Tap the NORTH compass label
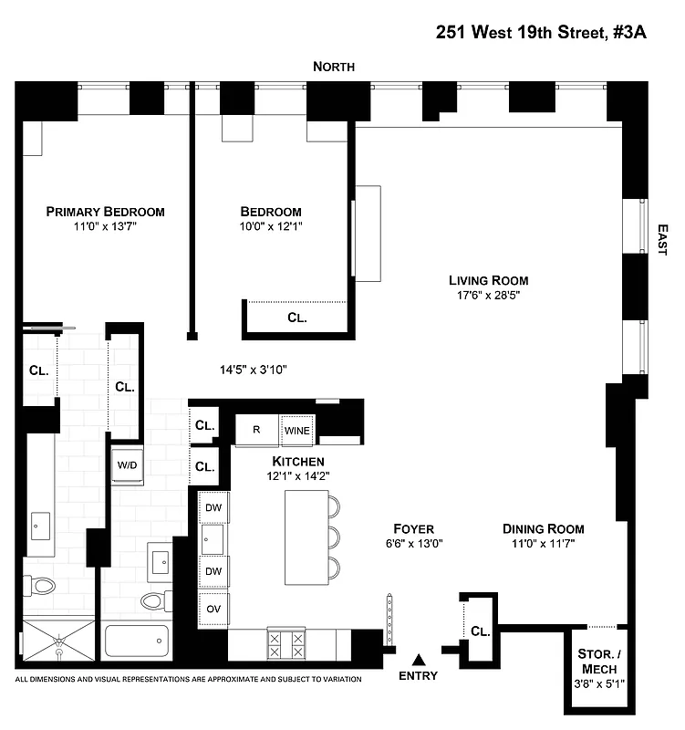(x=334, y=67)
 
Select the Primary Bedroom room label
(x=106, y=212)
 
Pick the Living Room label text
(x=488, y=280)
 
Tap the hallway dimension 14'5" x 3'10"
(x=254, y=370)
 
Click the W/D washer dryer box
(x=126, y=465)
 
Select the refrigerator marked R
(x=257, y=430)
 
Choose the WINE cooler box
(x=296, y=430)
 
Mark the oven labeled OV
(x=214, y=609)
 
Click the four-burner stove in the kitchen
(x=285, y=644)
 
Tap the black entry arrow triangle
(x=419, y=659)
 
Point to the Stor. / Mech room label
(x=598, y=661)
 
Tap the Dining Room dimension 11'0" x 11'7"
(x=543, y=544)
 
